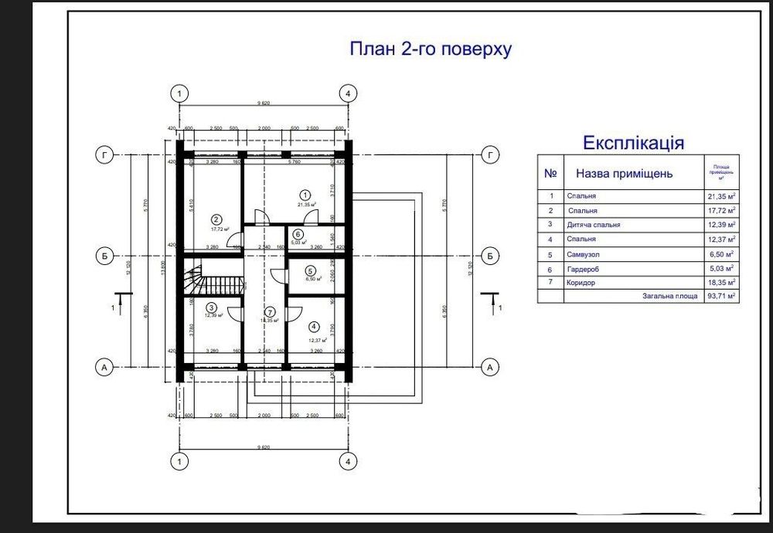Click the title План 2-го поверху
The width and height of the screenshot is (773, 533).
(431, 49)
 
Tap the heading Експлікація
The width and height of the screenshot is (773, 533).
(632, 143)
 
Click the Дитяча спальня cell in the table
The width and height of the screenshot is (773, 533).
(594, 225)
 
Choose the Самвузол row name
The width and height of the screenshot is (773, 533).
(584, 253)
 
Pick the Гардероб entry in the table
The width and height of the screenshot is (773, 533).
(584, 268)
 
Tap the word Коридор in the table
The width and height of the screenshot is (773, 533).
(582, 283)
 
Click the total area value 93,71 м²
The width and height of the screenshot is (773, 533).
(720, 296)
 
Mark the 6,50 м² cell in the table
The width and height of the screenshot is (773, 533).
(720, 253)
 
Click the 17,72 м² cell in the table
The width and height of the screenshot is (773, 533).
(720, 210)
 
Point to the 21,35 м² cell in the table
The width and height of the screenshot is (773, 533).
(720, 196)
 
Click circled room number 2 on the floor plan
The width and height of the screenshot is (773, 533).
(216, 219)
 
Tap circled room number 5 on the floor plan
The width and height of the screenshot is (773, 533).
(310, 271)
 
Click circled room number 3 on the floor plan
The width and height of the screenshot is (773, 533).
(211, 307)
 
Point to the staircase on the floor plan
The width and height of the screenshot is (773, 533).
(213, 278)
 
